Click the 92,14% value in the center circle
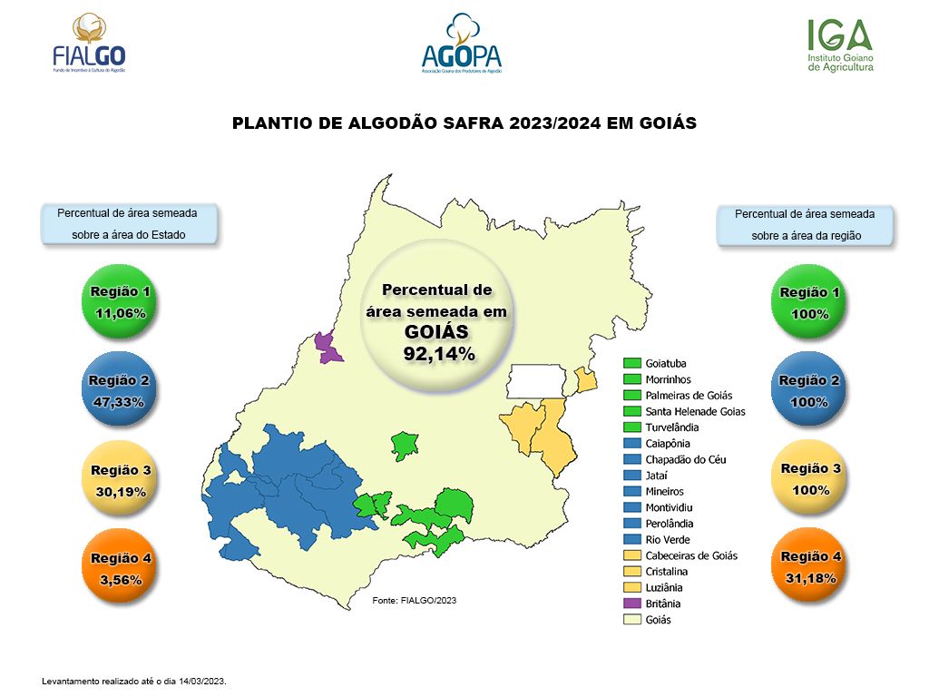pyautogui.click(x=439, y=353)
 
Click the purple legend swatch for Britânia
pyautogui.click(x=631, y=604)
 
